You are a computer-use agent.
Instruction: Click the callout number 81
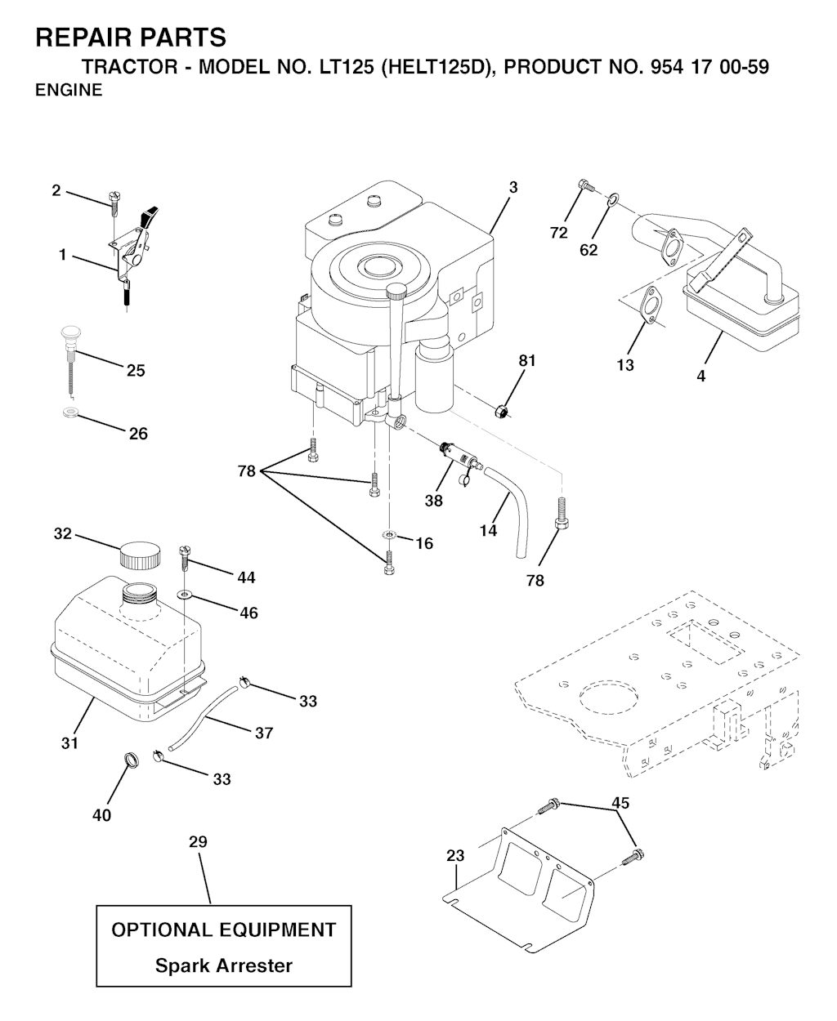point(527,360)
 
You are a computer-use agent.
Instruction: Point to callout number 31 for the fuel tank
point(69,742)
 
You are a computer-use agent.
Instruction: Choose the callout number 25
point(136,371)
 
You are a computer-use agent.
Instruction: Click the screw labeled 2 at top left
point(114,201)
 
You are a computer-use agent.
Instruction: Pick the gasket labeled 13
point(650,304)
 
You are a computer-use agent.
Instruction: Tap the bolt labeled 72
point(583,186)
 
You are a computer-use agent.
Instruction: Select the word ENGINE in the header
point(69,91)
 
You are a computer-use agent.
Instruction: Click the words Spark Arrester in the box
point(224,965)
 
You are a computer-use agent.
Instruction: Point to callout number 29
point(198,841)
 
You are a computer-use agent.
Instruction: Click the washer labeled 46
point(186,595)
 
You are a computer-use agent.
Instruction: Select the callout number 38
point(433,501)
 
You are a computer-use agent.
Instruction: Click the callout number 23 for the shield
point(455,856)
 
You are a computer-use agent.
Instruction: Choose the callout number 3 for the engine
point(512,187)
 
